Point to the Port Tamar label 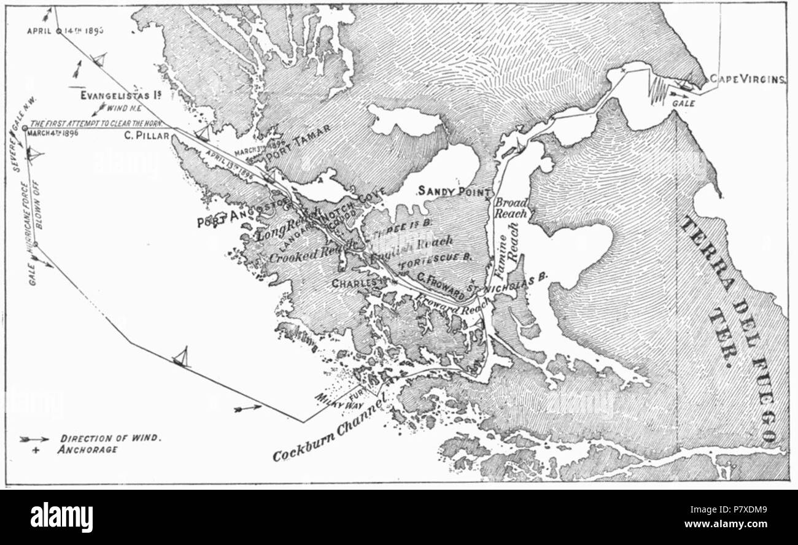click(299, 139)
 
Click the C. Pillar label click(146, 136)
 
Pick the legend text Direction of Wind click(111, 438)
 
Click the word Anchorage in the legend click(89, 449)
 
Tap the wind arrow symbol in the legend click(34, 439)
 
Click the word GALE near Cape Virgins click(683, 104)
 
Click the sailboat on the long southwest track click(181, 357)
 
